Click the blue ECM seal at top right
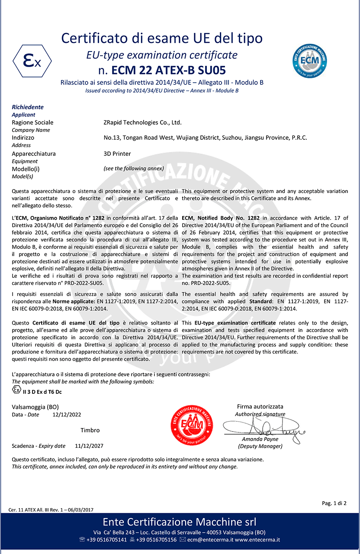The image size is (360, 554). (x=309, y=60)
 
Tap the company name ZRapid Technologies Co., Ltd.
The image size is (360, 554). (x=140, y=122)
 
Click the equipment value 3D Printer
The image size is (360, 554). (x=114, y=154)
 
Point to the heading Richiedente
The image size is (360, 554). (x=28, y=107)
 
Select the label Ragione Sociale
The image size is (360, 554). (x=32, y=122)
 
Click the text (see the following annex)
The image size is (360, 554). (x=134, y=168)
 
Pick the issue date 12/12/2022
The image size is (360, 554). (x=67, y=415)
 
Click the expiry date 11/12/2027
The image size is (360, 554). (x=89, y=446)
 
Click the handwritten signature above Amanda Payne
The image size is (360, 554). (x=264, y=428)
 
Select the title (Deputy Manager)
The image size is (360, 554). (x=260, y=446)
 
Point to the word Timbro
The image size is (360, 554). (x=90, y=430)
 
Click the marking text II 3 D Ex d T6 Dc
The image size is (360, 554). (x=42, y=392)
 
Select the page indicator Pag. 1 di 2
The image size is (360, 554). (x=334, y=503)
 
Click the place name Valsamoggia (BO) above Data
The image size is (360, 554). (x=35, y=407)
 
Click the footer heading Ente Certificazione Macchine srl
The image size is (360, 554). (x=180, y=521)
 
